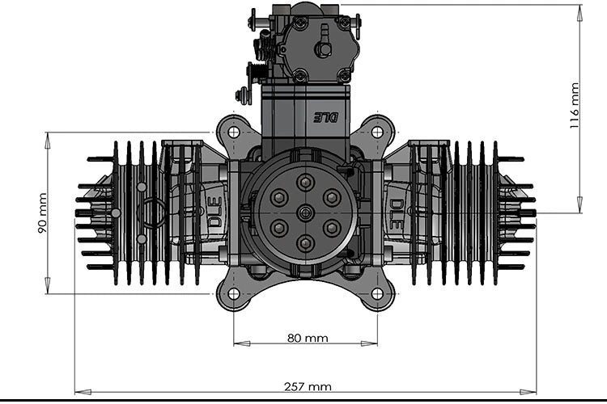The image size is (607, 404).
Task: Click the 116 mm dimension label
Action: pos(575,104)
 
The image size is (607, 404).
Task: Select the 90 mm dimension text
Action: pos(42,213)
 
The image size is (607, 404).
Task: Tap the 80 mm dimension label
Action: pos(307,338)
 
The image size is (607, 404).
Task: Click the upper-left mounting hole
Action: pos(233,132)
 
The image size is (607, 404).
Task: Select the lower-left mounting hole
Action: pos(233,293)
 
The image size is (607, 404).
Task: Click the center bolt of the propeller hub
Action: pos(305,213)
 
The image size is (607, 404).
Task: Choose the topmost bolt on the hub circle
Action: pos(305,182)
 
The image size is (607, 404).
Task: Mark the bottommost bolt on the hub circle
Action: pos(305,242)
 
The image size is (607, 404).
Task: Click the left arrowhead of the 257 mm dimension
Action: pos(78,393)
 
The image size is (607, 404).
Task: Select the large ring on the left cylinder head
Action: pos(153,214)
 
